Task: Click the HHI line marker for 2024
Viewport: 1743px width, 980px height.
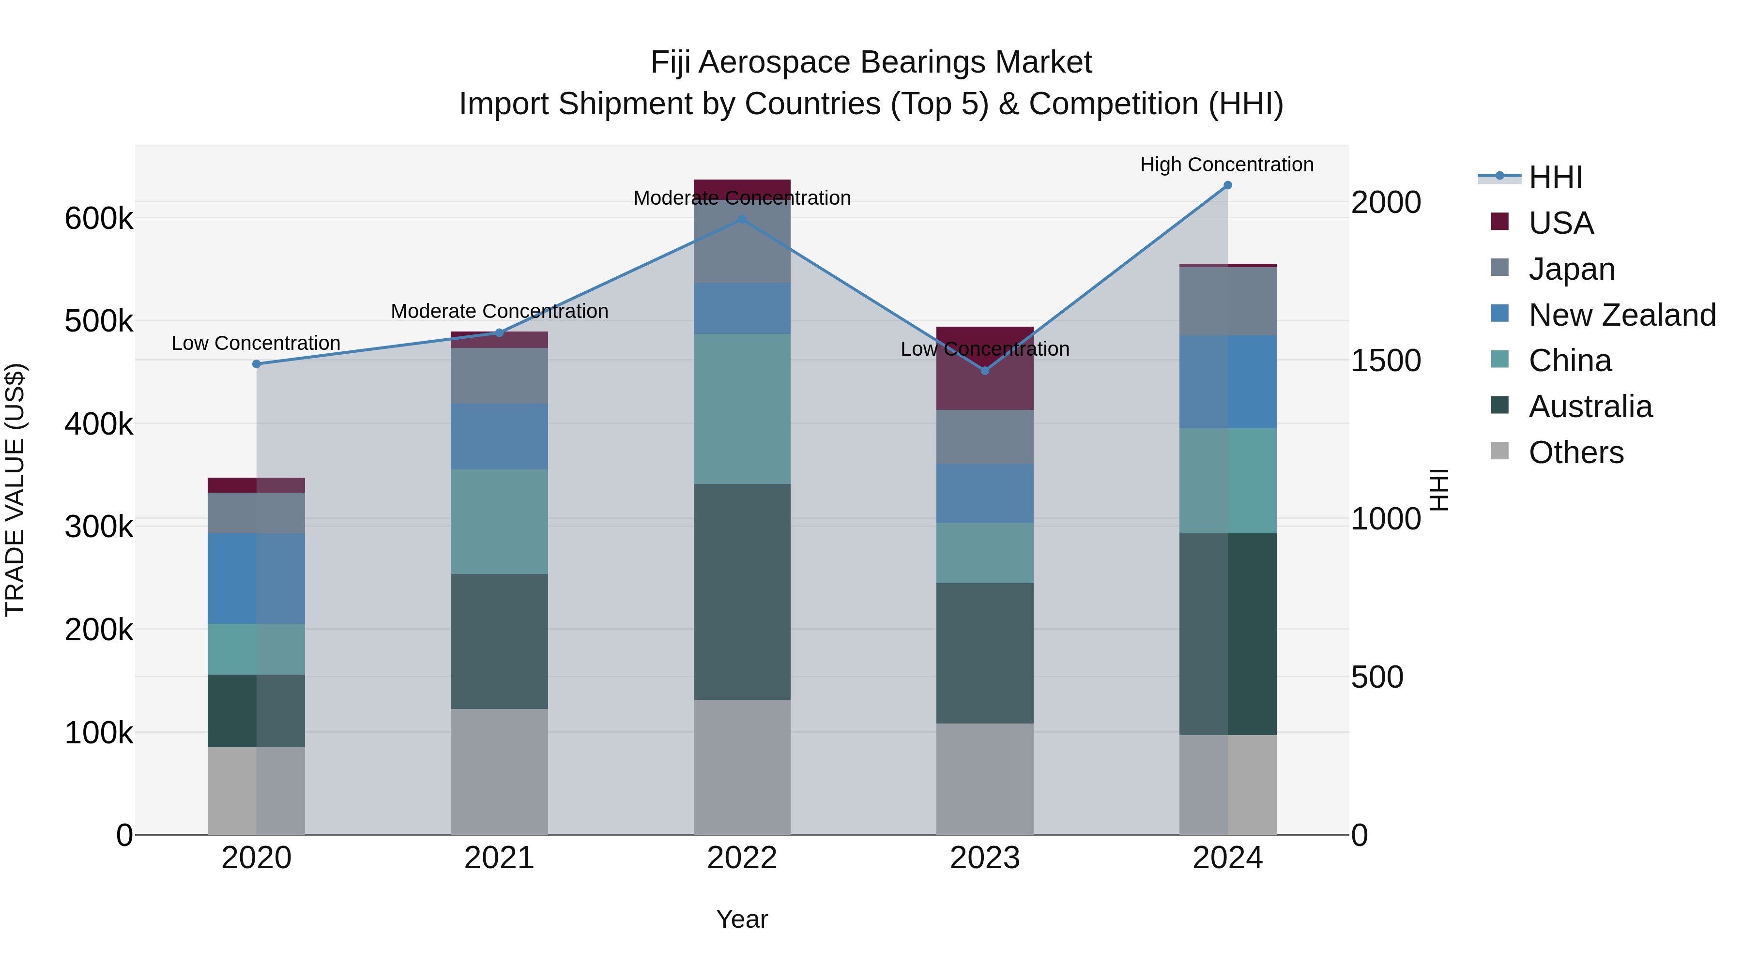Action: pyautogui.click(x=1227, y=185)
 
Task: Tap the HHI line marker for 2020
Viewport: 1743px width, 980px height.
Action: pyautogui.click(x=257, y=364)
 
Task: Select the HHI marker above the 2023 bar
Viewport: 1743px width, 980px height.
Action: pyautogui.click(x=984, y=371)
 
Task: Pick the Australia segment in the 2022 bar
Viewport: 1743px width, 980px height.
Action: pyautogui.click(x=742, y=592)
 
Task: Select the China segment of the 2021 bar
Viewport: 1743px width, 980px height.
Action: pyautogui.click(x=499, y=521)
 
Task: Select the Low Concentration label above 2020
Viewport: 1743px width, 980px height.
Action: pyautogui.click(x=256, y=343)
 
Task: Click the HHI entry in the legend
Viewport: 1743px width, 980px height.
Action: pyautogui.click(x=1555, y=177)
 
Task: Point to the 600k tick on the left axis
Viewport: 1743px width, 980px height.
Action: pyautogui.click(x=99, y=218)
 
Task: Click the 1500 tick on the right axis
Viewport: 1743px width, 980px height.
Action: pyautogui.click(x=1385, y=361)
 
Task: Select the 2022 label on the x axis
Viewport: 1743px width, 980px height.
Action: pyautogui.click(x=742, y=858)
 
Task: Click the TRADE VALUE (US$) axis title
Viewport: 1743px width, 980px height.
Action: pyautogui.click(x=15, y=490)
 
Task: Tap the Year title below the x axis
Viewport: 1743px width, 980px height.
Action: pyautogui.click(x=742, y=919)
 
